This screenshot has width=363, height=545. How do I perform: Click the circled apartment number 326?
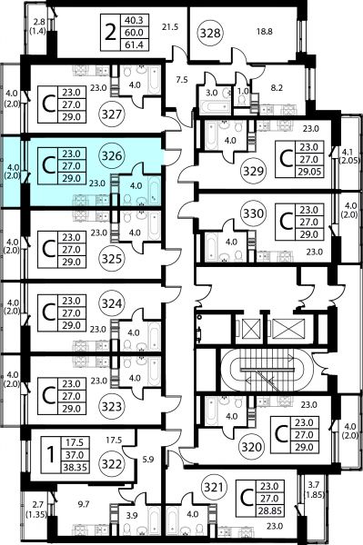click(x=112, y=155)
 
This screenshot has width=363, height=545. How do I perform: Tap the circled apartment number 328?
click(x=210, y=33)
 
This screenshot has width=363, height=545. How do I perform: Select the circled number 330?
click(x=253, y=213)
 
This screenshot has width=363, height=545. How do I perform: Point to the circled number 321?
click(x=214, y=487)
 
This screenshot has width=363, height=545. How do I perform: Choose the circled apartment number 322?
click(x=112, y=464)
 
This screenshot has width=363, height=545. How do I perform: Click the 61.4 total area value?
click(x=135, y=45)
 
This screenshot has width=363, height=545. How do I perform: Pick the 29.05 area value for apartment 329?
click(x=308, y=172)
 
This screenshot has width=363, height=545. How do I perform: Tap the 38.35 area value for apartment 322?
click(x=75, y=468)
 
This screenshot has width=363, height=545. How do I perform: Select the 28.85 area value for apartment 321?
click(x=269, y=510)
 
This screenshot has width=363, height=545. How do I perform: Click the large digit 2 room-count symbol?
click(x=110, y=33)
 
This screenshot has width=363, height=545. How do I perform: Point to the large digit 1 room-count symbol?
click(x=51, y=455)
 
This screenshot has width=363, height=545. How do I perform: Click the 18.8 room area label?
click(x=265, y=32)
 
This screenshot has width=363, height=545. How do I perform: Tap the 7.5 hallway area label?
click(x=182, y=80)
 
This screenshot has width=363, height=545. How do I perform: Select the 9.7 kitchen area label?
click(x=84, y=504)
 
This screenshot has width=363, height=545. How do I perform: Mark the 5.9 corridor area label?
click(x=148, y=460)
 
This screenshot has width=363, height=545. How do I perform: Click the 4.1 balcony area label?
click(x=349, y=152)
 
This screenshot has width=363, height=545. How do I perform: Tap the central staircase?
click(x=267, y=371)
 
